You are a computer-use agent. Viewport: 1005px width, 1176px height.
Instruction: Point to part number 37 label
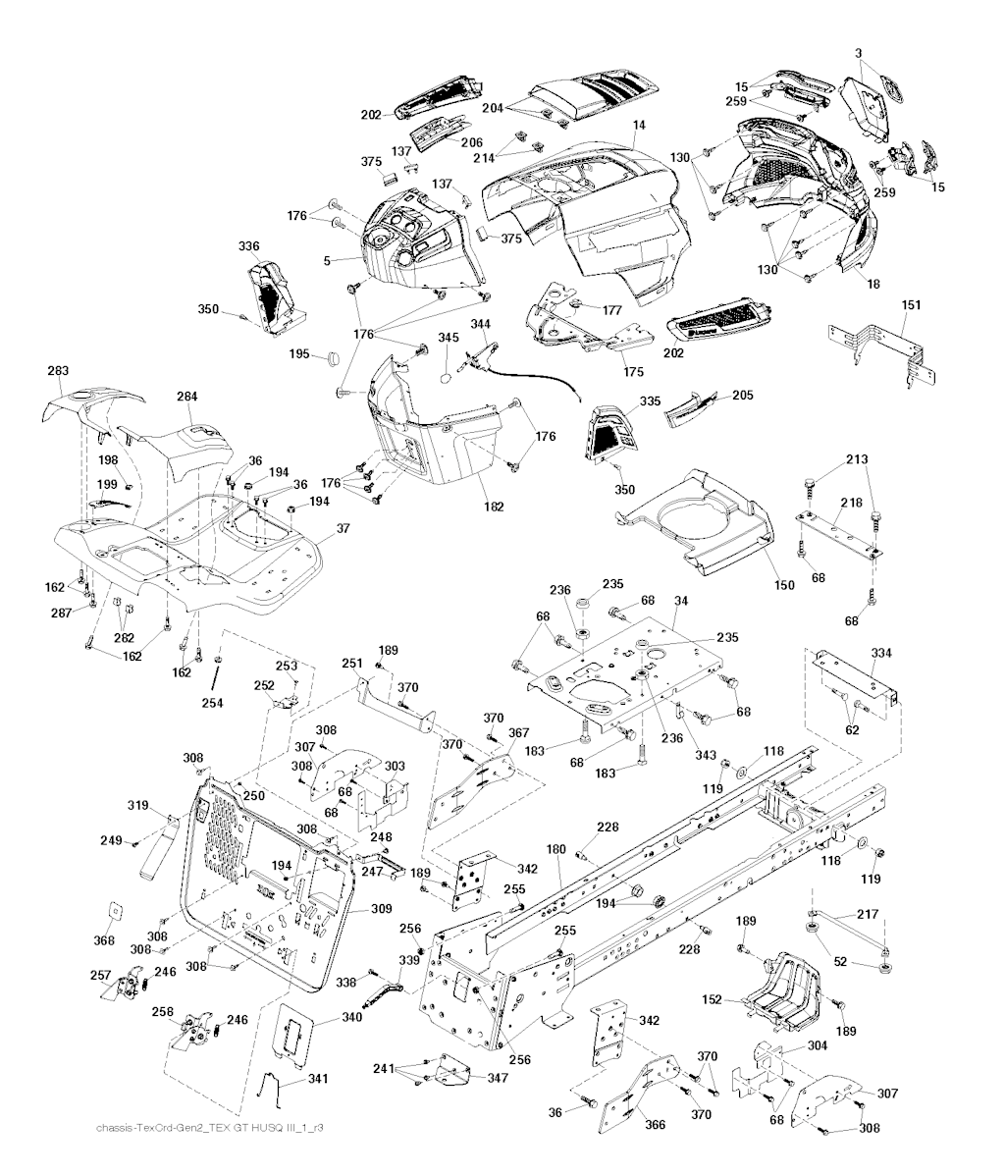(343, 528)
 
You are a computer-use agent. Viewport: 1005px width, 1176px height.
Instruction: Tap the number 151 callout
(912, 305)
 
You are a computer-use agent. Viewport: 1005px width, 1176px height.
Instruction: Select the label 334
(881, 652)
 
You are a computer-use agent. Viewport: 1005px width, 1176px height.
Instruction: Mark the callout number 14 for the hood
(639, 126)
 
